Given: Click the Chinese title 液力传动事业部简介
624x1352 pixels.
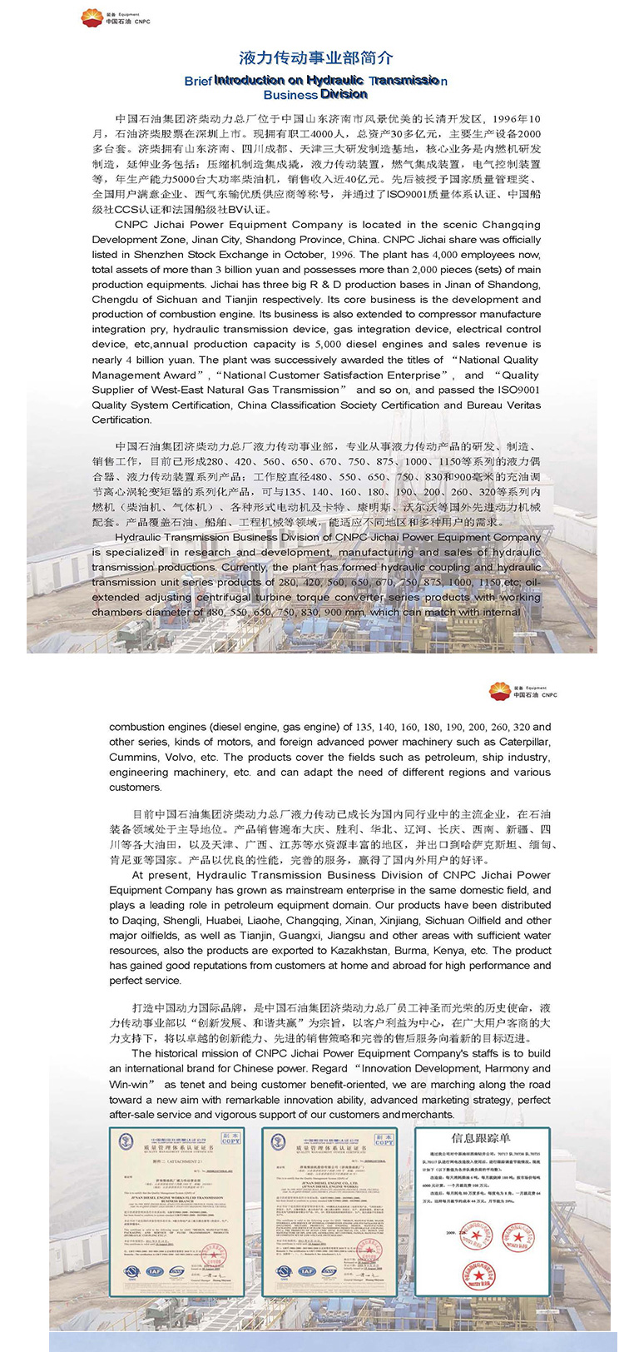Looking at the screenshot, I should tap(315, 58).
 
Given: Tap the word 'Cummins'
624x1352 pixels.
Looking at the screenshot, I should tap(134, 757).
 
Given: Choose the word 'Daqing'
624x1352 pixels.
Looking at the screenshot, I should tap(126, 921).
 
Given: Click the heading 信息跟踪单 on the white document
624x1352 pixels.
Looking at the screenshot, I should tap(481, 1138).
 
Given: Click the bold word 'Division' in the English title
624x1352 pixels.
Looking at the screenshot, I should tap(344, 94).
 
